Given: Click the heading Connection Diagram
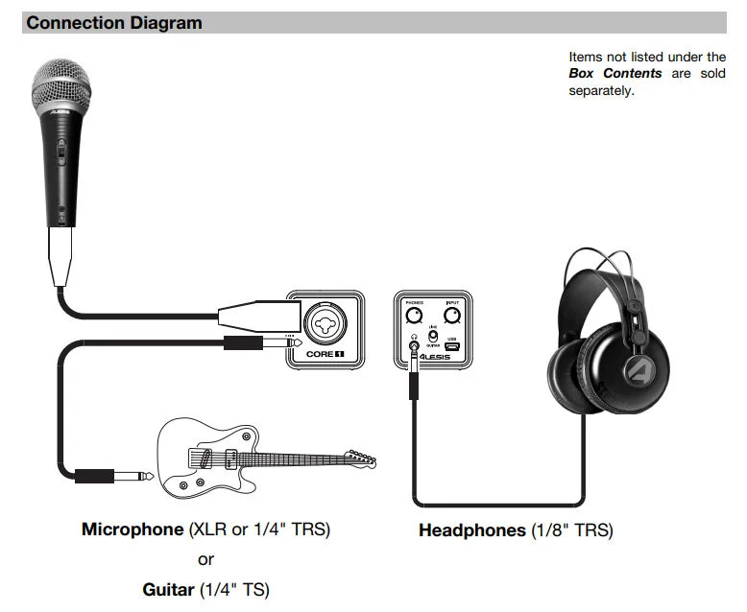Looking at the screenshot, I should click(x=114, y=23).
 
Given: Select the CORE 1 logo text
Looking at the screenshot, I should click(x=325, y=354).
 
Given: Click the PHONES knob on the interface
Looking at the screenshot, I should click(x=415, y=316).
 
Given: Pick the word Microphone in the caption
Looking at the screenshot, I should click(x=132, y=530).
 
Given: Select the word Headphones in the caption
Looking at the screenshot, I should click(x=471, y=530).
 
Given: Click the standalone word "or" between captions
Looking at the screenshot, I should click(x=205, y=559).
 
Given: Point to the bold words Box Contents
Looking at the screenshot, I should click(x=614, y=73).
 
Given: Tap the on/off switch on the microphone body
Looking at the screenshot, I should click(x=60, y=152).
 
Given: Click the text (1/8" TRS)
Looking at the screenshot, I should click(x=571, y=530).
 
